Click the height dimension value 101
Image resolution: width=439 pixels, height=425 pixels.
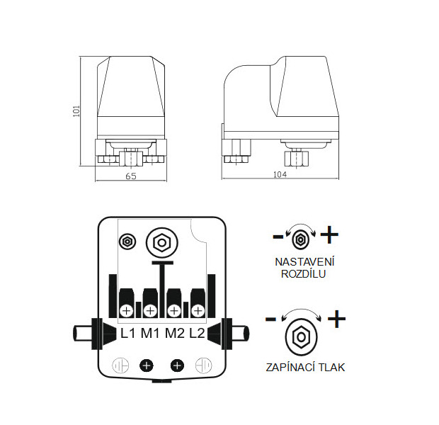pos(76,111)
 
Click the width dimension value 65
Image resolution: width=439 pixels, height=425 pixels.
pos(131,176)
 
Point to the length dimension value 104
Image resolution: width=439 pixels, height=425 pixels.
pos(280,174)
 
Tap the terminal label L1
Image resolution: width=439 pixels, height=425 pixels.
pos(127,333)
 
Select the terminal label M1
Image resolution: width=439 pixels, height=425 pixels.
pos(150,333)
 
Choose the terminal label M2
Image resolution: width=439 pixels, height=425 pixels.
pos(175,333)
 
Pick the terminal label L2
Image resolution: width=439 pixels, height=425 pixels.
pos(197,333)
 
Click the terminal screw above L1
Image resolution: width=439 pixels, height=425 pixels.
pos(127,311)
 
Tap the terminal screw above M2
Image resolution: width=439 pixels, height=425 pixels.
pos(174,311)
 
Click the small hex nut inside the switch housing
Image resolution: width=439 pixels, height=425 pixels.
pos(127,241)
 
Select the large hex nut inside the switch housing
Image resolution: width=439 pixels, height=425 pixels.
pos(162,243)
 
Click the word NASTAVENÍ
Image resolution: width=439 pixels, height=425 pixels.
pos(304,262)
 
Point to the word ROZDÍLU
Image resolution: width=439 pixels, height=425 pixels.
pos(303,273)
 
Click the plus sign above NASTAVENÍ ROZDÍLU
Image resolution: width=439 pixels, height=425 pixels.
pos(329,234)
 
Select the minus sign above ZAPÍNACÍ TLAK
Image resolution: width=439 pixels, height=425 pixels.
pos(270,319)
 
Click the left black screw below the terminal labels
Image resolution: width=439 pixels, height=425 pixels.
pos(147,365)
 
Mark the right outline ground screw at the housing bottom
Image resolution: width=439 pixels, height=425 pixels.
pos(203,365)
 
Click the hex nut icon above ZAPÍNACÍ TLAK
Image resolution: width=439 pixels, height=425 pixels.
pos(301,336)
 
